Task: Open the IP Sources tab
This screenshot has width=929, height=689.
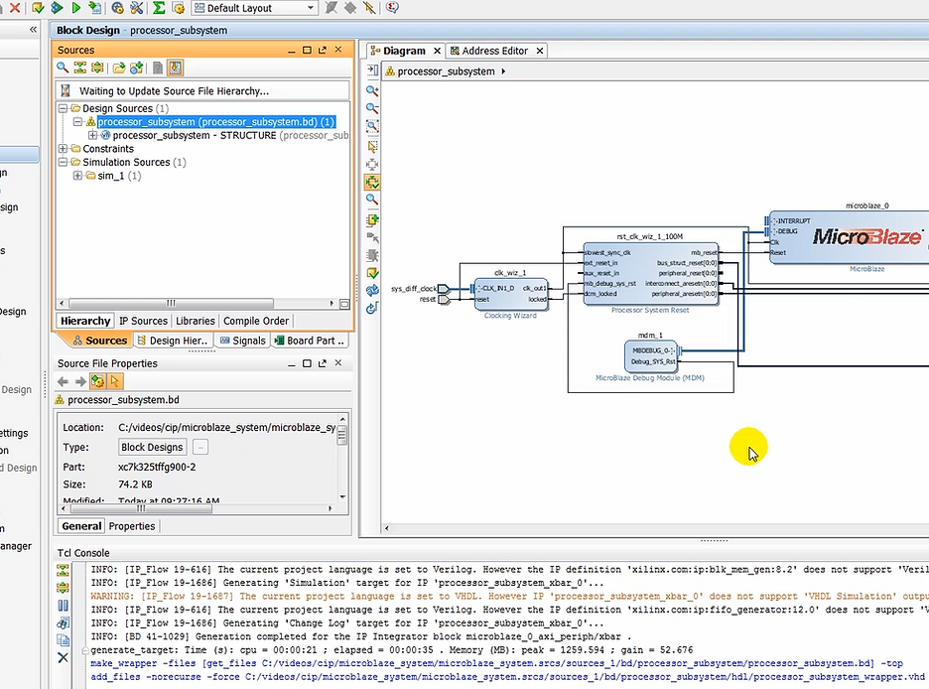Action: pos(143,321)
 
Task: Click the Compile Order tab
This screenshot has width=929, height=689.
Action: pos(256,321)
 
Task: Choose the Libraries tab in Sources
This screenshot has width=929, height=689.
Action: pos(195,321)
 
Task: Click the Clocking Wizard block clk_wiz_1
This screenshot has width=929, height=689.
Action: pos(510,293)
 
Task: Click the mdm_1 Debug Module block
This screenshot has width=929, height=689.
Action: pos(651,355)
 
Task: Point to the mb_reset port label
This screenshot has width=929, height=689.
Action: pos(704,253)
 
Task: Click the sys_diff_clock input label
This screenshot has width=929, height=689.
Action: pos(413,288)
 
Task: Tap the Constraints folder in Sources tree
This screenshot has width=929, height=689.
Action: pos(107,149)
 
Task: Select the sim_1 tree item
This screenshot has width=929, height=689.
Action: pos(111,176)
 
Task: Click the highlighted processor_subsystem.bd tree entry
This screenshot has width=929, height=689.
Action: pos(214,122)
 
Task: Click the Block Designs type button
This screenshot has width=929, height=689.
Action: pos(152,448)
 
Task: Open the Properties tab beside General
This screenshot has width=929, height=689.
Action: pos(132,526)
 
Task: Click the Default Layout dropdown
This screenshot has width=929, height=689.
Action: pos(254,8)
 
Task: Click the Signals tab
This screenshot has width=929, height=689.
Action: pos(243,341)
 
